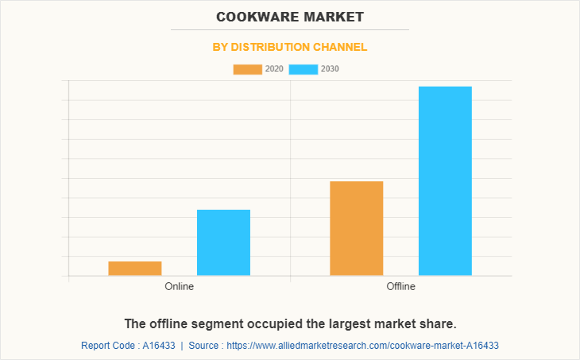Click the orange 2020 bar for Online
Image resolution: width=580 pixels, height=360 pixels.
(x=135, y=269)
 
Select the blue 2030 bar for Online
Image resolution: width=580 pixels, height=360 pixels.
(x=223, y=242)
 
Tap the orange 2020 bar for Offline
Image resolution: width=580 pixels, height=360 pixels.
(x=357, y=228)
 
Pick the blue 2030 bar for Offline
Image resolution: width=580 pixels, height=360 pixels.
(x=445, y=180)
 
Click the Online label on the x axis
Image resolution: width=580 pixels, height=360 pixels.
(x=180, y=286)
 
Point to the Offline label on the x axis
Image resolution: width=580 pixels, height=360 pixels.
(x=400, y=286)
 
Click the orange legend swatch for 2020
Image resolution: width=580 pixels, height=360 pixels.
(x=247, y=69)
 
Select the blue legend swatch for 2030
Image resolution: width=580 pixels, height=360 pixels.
(x=304, y=69)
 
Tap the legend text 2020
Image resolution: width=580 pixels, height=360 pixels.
(x=274, y=69)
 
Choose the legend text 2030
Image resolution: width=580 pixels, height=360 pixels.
(x=331, y=69)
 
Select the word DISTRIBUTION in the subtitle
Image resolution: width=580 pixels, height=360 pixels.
(x=274, y=47)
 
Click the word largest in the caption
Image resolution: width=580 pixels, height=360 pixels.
(x=337, y=324)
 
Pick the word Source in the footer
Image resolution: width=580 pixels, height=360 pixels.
(x=205, y=346)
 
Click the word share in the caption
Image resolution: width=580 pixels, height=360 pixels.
(x=438, y=324)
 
